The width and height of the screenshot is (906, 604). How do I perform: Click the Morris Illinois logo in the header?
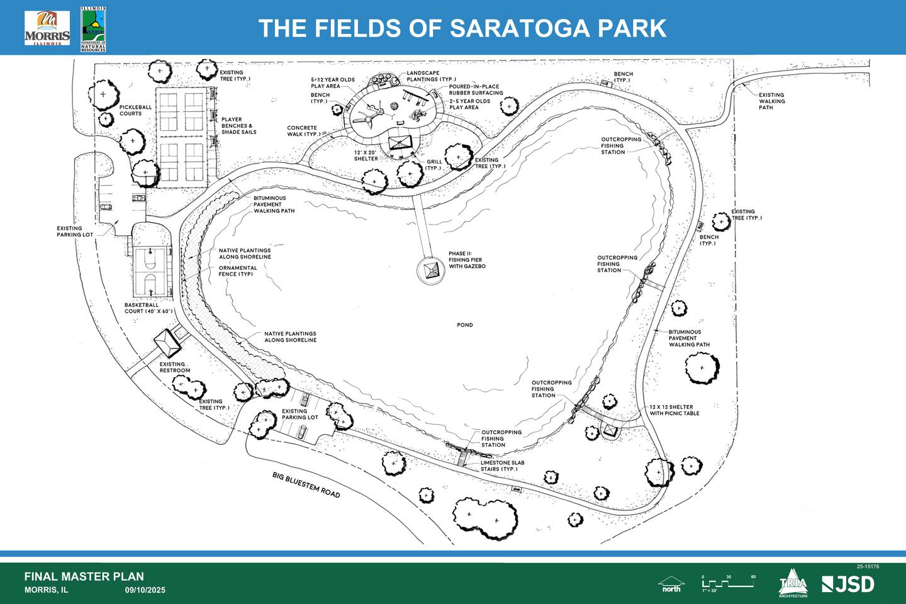47,28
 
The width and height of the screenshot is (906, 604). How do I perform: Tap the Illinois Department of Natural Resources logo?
93,30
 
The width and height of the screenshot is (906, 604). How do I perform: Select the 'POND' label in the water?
465,325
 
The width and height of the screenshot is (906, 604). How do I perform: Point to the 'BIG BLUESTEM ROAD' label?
306,484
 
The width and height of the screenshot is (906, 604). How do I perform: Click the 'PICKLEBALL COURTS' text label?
135,110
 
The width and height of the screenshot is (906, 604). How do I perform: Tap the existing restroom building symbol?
167,342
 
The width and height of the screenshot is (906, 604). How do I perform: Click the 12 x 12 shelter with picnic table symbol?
610,431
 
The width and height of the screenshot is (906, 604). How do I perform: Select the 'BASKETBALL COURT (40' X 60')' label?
148,308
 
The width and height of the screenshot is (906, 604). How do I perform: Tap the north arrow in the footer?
671,584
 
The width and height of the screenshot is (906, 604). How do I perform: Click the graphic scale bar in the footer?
728,583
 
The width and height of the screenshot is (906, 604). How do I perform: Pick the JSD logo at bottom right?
848,584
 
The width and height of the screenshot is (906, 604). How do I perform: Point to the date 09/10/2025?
145,590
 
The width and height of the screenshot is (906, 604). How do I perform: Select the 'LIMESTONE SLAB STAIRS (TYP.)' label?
502,466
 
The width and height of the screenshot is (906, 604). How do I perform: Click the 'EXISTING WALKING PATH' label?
771,101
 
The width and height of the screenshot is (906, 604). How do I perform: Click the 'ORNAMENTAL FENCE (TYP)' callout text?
238,271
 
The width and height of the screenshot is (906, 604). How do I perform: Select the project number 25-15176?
868,567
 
